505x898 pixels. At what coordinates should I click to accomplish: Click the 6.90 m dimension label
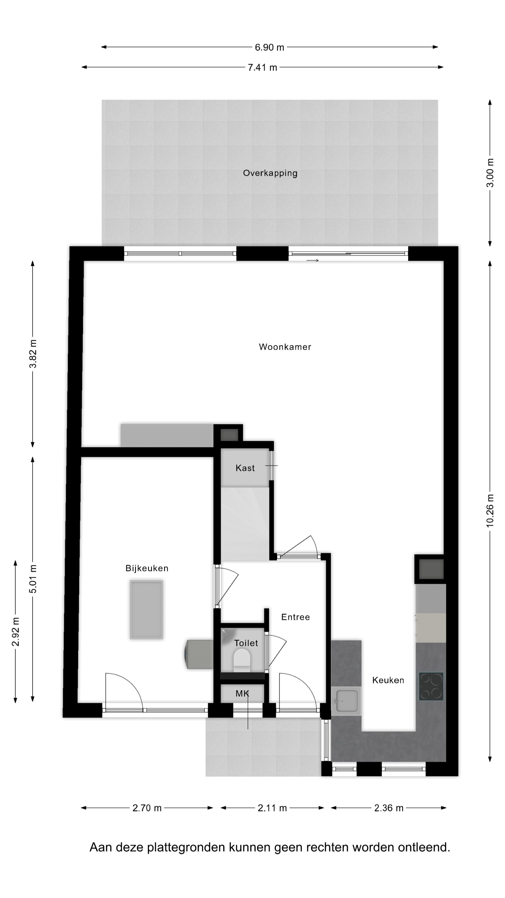[x=269, y=47]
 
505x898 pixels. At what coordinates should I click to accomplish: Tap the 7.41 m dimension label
[x=262, y=68]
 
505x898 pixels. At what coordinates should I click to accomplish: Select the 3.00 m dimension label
[x=490, y=173]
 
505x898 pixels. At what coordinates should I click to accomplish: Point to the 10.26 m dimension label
[x=490, y=511]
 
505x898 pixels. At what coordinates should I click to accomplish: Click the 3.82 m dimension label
[x=33, y=354]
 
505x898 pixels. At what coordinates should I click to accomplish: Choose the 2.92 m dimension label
[x=16, y=631]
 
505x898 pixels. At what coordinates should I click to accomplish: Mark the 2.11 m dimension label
[x=272, y=808]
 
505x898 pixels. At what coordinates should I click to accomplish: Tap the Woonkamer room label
[x=285, y=347]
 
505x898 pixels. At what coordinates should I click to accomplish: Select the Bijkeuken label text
[x=147, y=568]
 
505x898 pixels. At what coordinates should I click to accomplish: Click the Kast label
[x=245, y=468]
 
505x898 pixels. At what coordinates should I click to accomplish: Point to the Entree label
[x=295, y=617]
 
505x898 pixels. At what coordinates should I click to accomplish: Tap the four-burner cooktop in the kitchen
[x=431, y=686]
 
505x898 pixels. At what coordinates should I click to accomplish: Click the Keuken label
[x=388, y=680]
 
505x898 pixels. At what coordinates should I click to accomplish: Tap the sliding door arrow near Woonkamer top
[x=313, y=261]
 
